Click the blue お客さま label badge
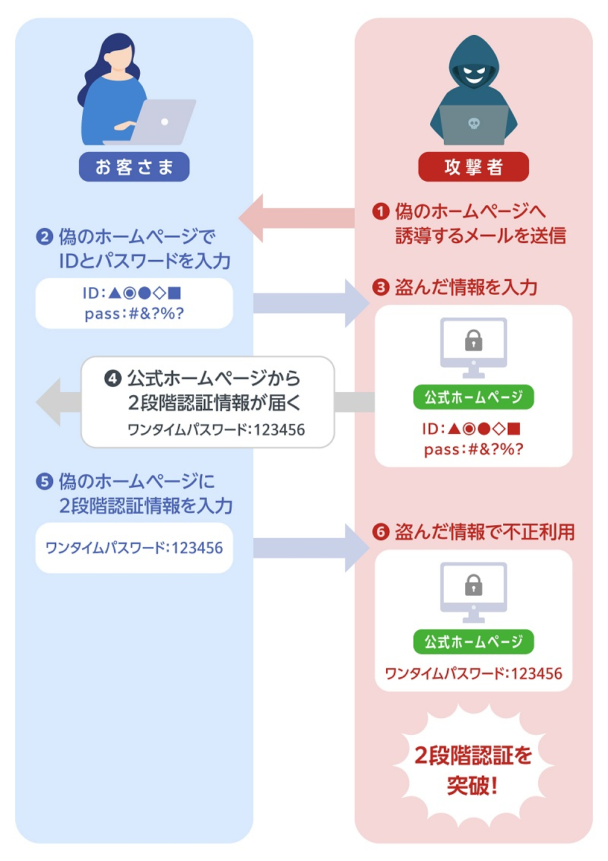point(134,167)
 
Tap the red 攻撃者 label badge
point(473,167)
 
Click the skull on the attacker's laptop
point(473,122)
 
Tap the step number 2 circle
point(43,236)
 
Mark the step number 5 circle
point(43,481)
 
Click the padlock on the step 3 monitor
point(473,340)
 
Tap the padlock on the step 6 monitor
point(473,584)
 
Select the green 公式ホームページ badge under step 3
point(473,397)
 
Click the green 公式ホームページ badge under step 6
point(473,641)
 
